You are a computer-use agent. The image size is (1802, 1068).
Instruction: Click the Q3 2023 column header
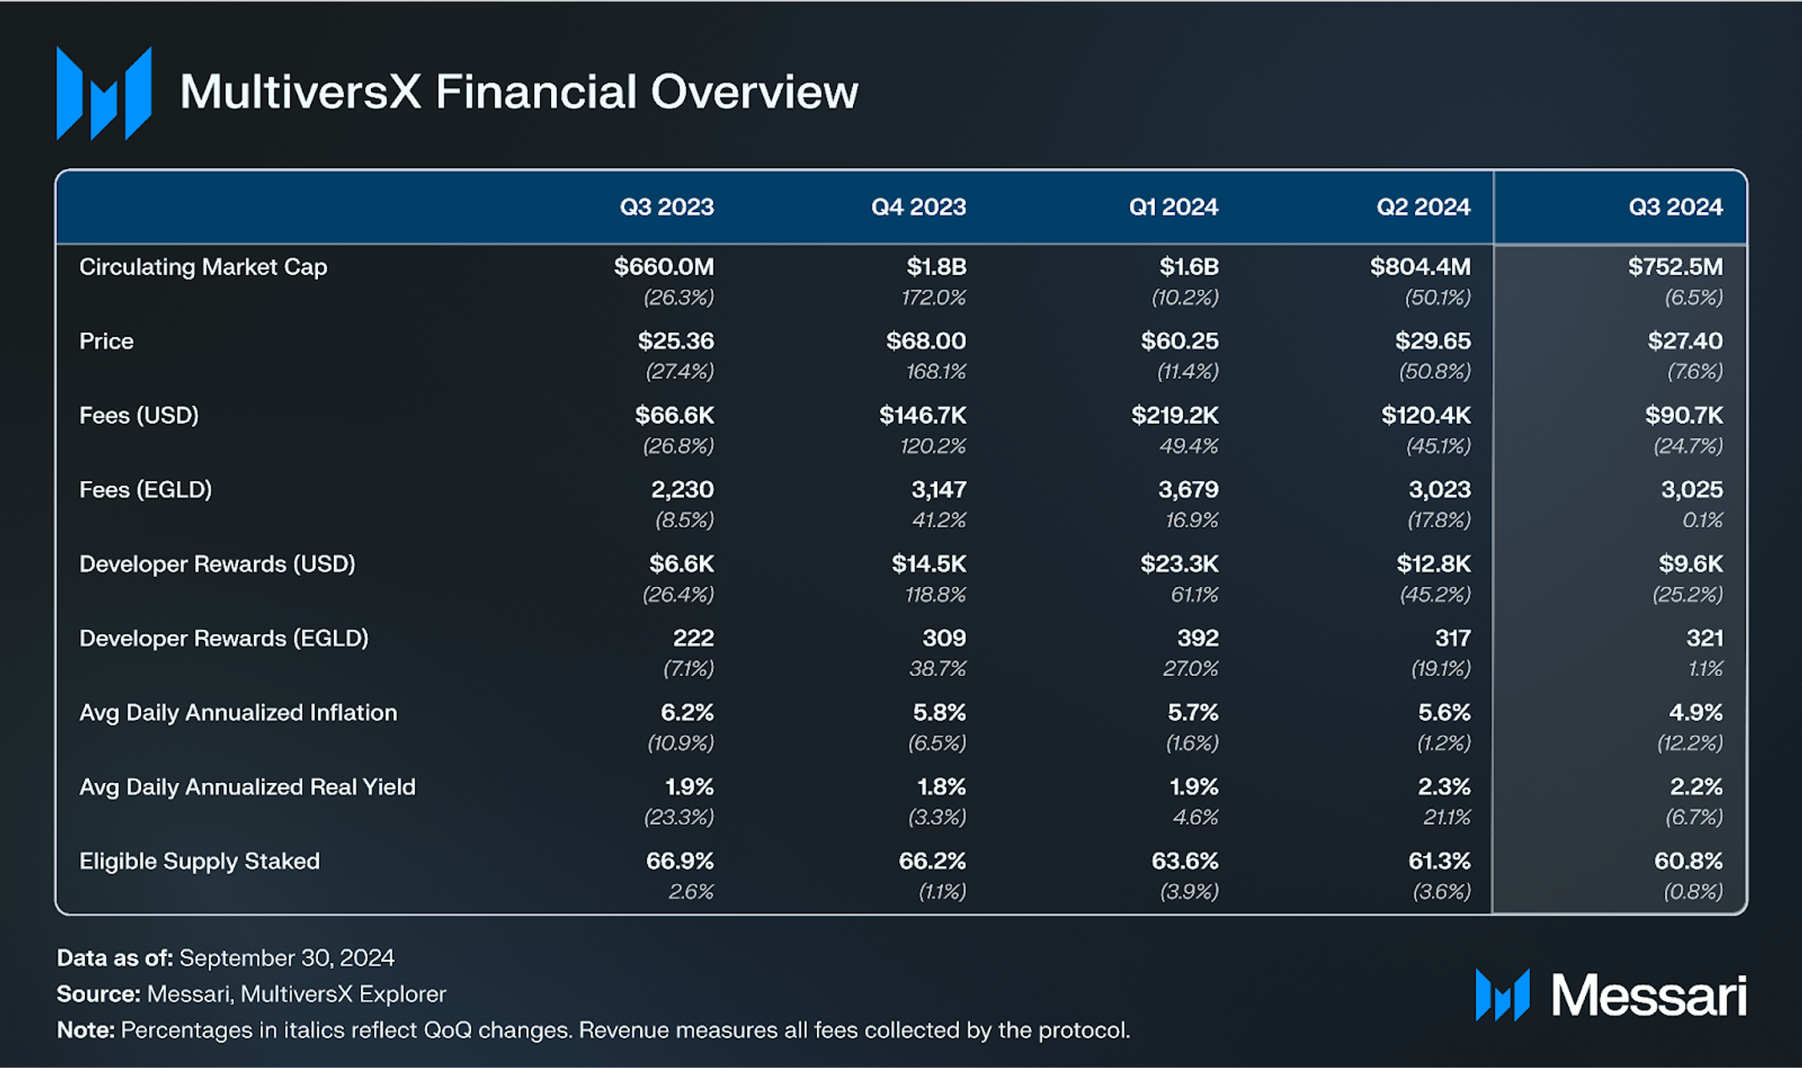click(x=666, y=207)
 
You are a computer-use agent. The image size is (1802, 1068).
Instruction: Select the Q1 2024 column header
click(x=1173, y=207)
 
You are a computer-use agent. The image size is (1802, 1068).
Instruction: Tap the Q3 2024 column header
click(x=1675, y=207)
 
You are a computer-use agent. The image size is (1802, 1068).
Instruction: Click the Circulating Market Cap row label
click(x=203, y=267)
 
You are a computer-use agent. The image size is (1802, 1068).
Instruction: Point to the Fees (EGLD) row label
click(x=146, y=489)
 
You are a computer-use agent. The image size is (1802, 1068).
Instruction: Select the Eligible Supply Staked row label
click(x=199, y=861)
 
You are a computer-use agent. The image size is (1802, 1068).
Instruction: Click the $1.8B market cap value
click(x=935, y=267)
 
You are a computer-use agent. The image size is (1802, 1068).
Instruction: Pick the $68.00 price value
click(x=925, y=341)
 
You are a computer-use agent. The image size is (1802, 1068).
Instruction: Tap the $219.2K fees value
click(x=1174, y=415)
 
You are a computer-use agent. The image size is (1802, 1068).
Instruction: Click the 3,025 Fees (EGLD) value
click(x=1691, y=489)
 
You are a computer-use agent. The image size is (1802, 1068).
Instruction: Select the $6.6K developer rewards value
click(x=681, y=563)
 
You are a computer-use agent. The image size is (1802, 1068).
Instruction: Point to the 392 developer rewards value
click(x=1197, y=638)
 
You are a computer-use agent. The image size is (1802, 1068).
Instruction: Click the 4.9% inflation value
click(x=1695, y=712)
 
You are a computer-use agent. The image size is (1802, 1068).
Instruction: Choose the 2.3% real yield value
click(x=1444, y=787)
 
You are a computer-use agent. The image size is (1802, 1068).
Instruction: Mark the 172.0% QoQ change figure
click(x=933, y=298)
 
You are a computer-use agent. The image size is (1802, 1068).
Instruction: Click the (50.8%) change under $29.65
click(x=1434, y=372)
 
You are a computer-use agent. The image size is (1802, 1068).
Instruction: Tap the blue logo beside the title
click(x=103, y=93)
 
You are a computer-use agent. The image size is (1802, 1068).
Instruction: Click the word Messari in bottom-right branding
click(x=1648, y=997)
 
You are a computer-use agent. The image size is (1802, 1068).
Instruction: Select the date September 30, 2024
click(x=286, y=958)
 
